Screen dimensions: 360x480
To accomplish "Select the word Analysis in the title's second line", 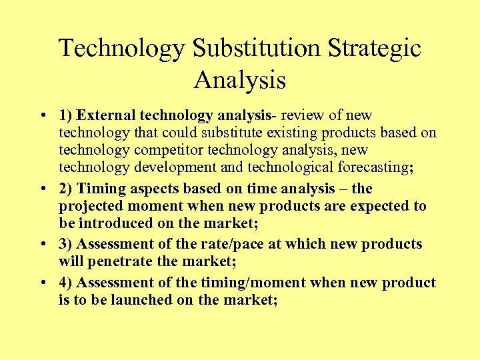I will pos(240,80).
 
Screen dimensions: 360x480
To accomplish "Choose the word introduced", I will pos(111,223).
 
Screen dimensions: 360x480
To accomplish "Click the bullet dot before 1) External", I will pos(42,115).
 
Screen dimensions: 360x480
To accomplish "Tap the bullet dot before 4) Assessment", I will pos(42,283).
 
